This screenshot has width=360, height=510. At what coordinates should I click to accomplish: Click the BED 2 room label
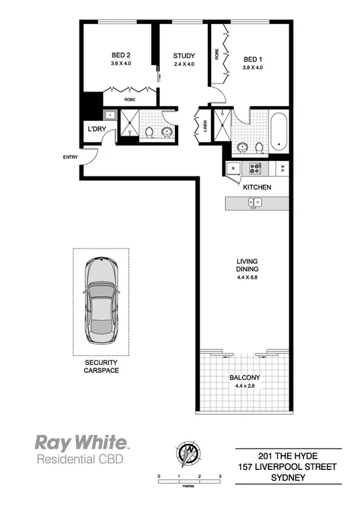coord(121,56)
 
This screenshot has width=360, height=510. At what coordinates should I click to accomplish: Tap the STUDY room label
coord(184,55)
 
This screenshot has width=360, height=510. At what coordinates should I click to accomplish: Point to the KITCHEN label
coord(256,187)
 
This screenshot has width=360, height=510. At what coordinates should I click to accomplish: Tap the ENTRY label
coord(70,158)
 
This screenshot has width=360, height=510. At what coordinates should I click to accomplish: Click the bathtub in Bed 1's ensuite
coord(279,132)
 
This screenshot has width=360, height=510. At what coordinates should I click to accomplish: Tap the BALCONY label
coord(244,378)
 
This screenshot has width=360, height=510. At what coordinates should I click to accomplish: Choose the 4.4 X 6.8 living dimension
coord(247,278)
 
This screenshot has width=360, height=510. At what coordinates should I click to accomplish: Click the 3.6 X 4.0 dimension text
coord(121,65)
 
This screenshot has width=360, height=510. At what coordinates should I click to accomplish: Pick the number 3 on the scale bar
coord(220,476)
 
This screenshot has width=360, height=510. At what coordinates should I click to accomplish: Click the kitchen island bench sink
coord(252,203)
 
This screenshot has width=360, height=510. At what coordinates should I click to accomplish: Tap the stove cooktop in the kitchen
coord(254,167)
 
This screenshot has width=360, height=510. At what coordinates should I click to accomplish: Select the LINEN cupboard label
coord(205,126)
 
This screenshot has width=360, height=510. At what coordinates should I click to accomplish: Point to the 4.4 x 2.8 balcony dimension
coord(244,386)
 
